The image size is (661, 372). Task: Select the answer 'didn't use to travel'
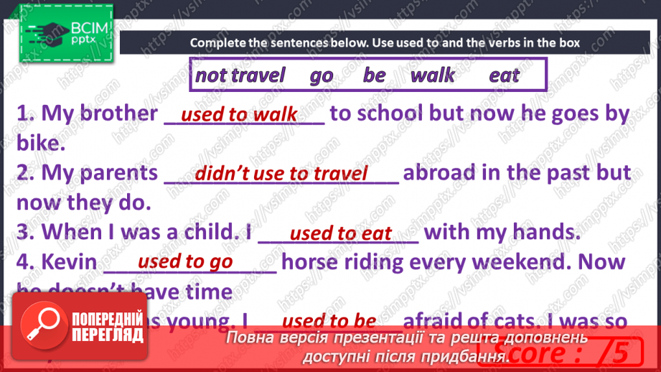[x=281, y=173]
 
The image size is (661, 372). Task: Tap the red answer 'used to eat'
[x=340, y=233]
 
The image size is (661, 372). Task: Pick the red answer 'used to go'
[x=185, y=261]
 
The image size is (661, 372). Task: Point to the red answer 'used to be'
[x=329, y=320]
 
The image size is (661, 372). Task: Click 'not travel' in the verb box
[x=240, y=75]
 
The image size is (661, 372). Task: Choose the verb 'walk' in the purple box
[x=432, y=75]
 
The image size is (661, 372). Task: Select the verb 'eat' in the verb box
[x=504, y=75]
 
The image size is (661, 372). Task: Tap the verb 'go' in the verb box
[x=322, y=75]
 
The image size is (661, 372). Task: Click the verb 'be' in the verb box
[x=374, y=75]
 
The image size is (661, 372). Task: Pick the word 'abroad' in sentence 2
[x=439, y=173]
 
